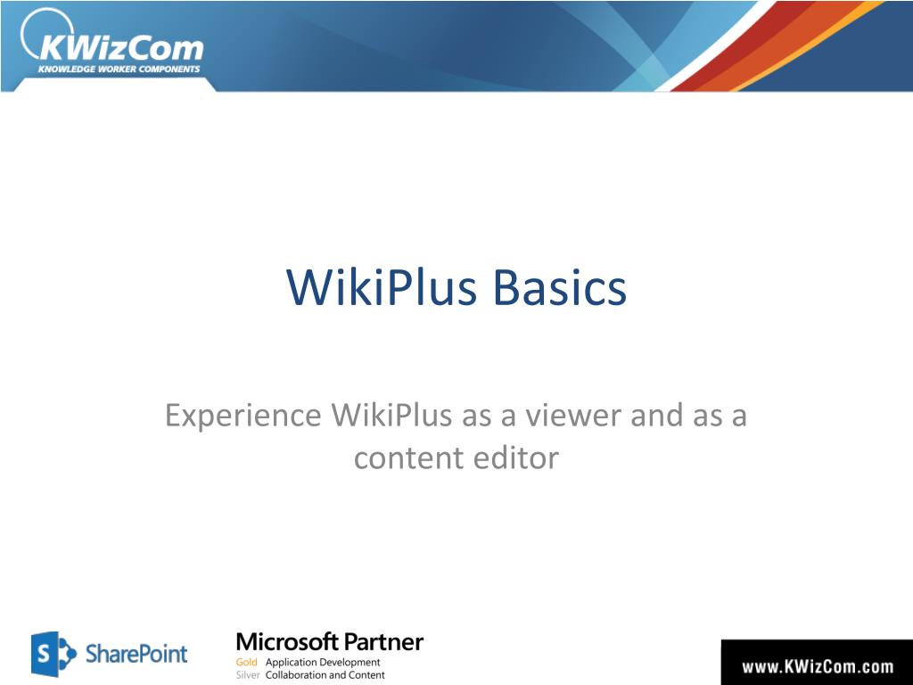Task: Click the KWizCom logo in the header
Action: click(111, 42)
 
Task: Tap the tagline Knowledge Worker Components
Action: click(119, 70)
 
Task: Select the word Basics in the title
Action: click(560, 287)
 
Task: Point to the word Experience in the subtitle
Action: click(243, 416)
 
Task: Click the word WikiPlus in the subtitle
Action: click(392, 415)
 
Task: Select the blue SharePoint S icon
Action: click(53, 654)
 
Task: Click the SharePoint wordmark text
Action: click(136, 654)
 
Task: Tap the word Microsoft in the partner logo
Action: click(287, 642)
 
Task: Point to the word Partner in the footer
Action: click(383, 642)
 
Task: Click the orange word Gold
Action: click(246, 663)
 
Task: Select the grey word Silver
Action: click(248, 675)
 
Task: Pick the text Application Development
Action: click(323, 663)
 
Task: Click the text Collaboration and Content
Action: click(325, 675)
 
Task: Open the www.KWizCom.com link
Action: click(818, 666)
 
